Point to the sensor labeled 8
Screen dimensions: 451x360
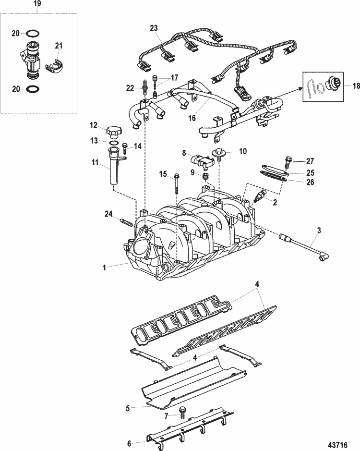pos(200,160)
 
